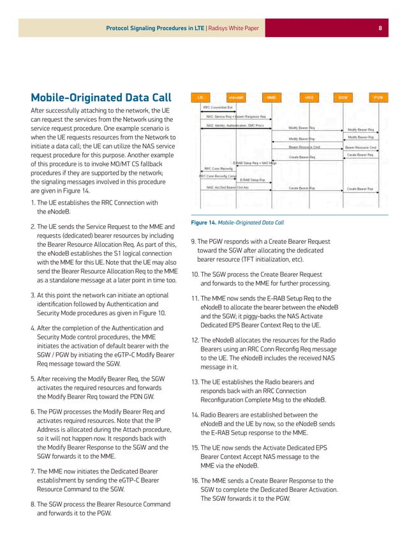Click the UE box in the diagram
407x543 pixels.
pyautogui.click(x=200, y=97)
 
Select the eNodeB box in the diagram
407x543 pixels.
pyautogui.click(x=236, y=97)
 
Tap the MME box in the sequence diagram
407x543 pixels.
pyautogui.click(x=272, y=97)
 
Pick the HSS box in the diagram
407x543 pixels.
pyautogui.click(x=308, y=97)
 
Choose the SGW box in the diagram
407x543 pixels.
pyautogui.click(x=343, y=97)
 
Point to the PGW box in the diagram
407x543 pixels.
pyautogui.click(x=379, y=97)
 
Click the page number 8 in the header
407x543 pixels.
pyautogui.click(x=380, y=28)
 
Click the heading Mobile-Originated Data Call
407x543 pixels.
pyautogui.click(x=101, y=98)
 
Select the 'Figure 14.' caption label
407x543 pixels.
pyautogui.click(x=205, y=223)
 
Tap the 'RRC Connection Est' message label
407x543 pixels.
pyautogui.click(x=219, y=108)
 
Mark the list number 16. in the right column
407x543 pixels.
pyautogui.click(x=196, y=480)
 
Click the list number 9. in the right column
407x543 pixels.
pyautogui.click(x=194, y=242)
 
